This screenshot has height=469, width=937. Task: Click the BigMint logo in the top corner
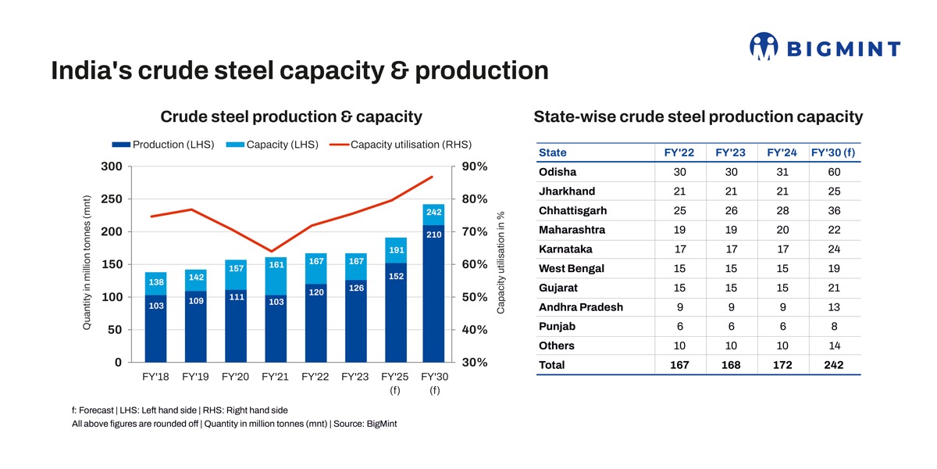[x=824, y=47]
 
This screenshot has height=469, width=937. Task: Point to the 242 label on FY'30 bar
[x=434, y=212]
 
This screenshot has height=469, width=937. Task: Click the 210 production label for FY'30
[x=434, y=234]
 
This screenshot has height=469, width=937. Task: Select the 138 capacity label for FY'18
[x=156, y=281]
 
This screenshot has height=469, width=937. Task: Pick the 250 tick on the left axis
[x=112, y=199]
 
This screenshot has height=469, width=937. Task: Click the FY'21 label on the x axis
[x=275, y=376]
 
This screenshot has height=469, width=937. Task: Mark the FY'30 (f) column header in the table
[x=833, y=152]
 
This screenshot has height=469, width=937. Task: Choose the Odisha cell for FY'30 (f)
[x=833, y=172]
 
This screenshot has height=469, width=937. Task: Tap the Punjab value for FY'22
[x=679, y=327]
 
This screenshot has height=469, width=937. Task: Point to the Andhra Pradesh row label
[x=581, y=307]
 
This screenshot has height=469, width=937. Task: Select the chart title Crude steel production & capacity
[x=290, y=117]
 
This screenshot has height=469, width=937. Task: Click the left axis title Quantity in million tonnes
[x=87, y=262]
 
